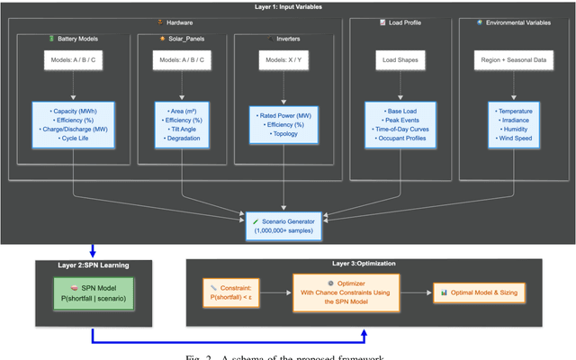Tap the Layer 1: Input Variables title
287,6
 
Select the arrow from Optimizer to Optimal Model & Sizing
420,292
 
